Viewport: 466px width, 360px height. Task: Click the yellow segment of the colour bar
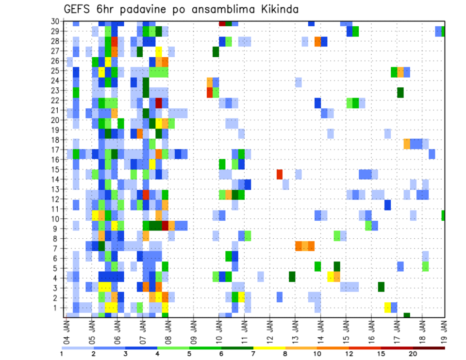(x=269, y=347)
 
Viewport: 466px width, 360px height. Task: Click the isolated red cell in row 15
(x=280, y=174)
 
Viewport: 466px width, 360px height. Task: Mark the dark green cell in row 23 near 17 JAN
(x=400, y=92)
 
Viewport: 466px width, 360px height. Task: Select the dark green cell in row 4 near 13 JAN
(x=292, y=277)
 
